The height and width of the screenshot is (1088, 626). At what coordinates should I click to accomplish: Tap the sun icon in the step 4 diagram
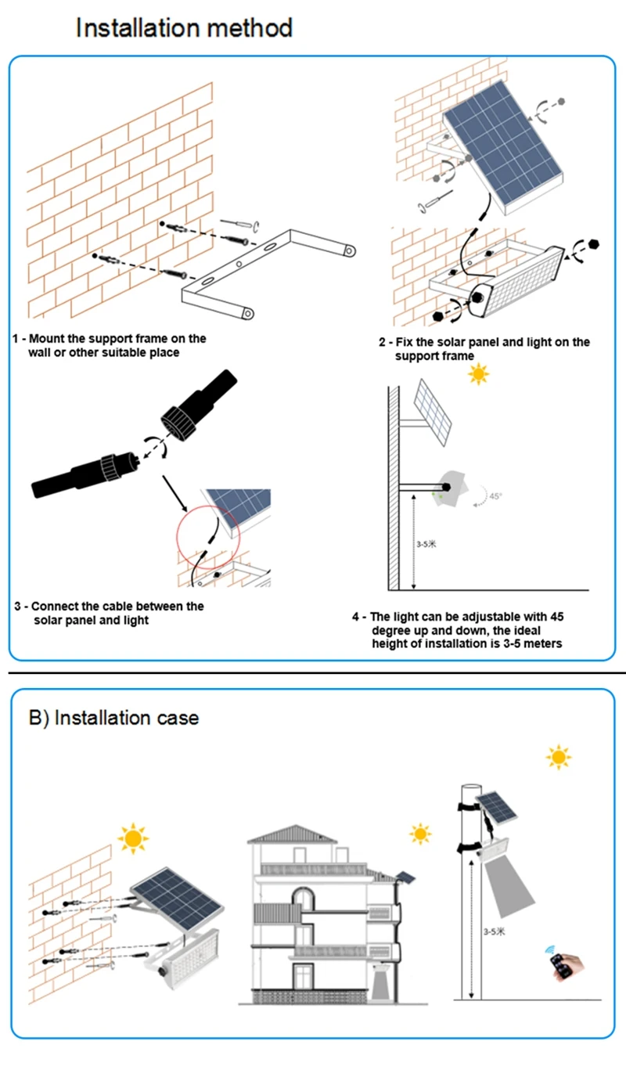(478, 374)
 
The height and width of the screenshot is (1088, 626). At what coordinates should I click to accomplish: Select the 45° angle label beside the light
(495, 496)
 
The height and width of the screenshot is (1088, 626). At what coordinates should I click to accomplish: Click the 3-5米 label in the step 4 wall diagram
(426, 544)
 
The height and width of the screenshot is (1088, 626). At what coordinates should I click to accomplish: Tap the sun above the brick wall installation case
(132, 838)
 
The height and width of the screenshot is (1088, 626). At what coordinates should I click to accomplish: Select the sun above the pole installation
(559, 757)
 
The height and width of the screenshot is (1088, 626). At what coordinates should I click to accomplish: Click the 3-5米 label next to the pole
(494, 932)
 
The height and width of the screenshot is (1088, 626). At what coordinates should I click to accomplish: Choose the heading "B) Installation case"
(113, 718)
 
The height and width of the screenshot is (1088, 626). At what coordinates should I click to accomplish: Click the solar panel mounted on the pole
(496, 806)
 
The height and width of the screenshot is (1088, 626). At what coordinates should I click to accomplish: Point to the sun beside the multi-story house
(420, 834)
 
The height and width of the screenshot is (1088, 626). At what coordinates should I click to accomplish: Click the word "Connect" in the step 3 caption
(55, 606)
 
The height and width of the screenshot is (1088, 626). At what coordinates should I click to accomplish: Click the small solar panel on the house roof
(405, 874)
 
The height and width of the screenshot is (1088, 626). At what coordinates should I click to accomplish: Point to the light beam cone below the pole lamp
(508, 891)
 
